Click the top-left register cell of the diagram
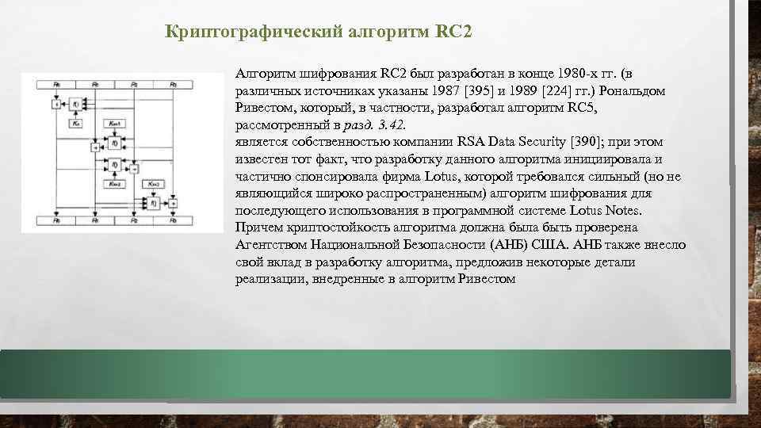pos(57,84)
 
